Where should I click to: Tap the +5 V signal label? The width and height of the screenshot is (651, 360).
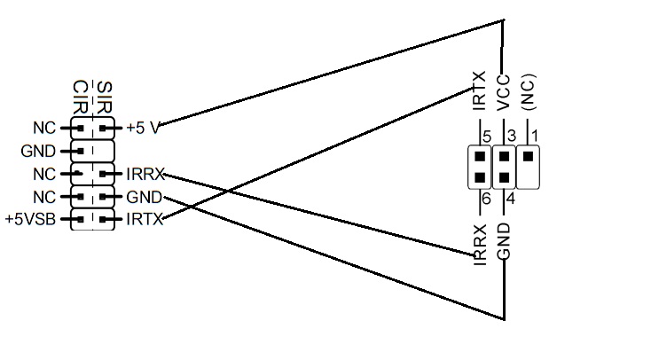click(x=143, y=128)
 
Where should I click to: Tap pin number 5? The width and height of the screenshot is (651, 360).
click(x=486, y=136)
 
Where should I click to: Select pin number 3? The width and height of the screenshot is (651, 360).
click(x=511, y=136)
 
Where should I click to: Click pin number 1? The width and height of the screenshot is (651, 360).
click(x=534, y=136)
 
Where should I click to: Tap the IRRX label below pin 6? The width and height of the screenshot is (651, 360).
click(x=480, y=246)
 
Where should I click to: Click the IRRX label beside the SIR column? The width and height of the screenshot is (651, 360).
click(x=145, y=175)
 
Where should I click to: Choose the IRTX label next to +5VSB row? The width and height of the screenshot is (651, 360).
click(x=145, y=219)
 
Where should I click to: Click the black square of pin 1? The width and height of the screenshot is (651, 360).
click(x=529, y=156)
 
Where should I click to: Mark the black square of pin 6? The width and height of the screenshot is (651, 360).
click(x=479, y=175)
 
